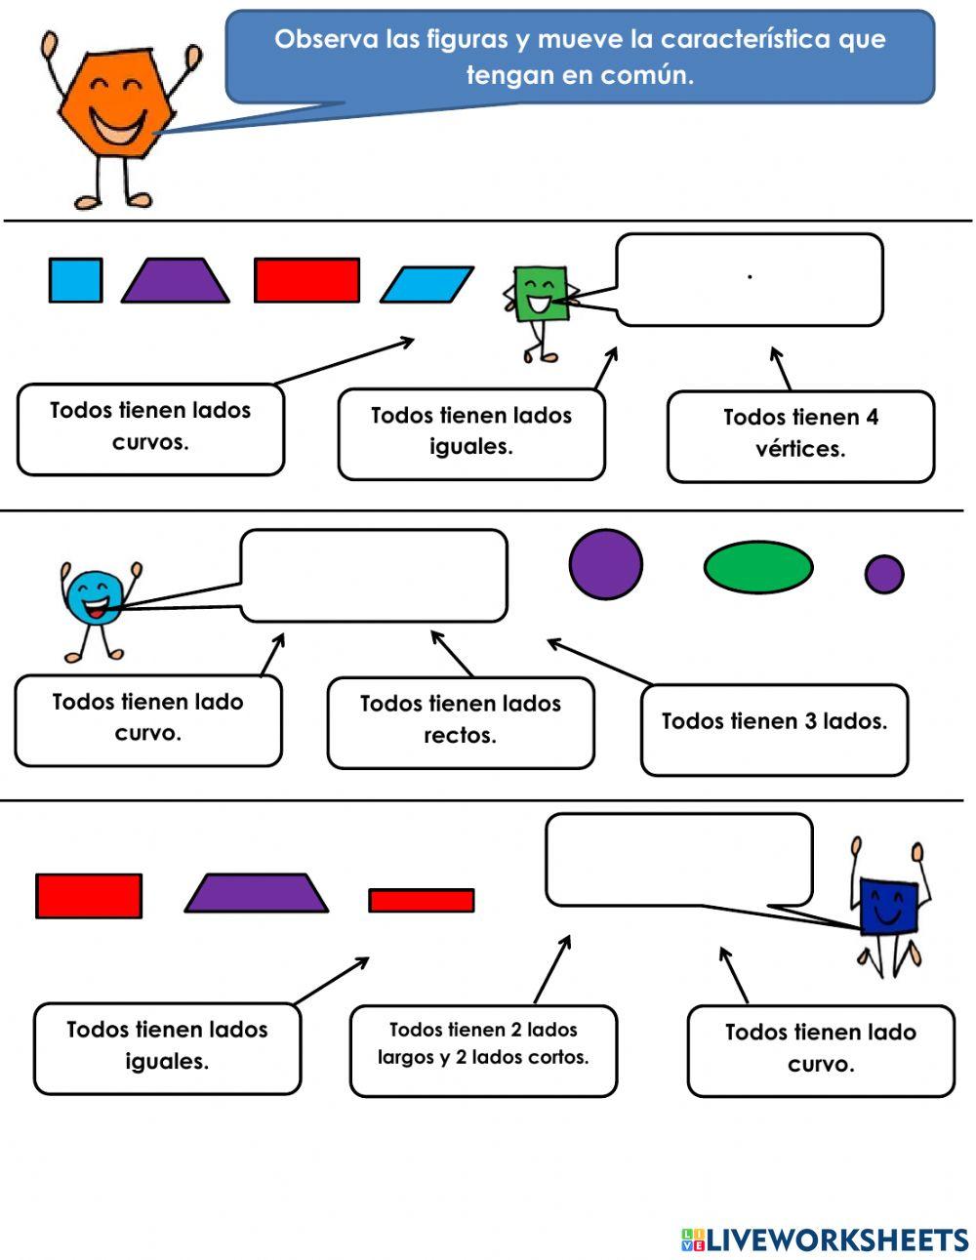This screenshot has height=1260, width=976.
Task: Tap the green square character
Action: [535, 294]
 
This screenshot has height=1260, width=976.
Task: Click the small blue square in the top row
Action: [75, 280]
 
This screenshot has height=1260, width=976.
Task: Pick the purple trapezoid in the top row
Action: [175, 281]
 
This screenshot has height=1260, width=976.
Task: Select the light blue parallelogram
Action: [427, 285]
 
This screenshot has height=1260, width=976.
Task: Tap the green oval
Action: [758, 568]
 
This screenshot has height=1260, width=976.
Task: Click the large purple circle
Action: [605, 564]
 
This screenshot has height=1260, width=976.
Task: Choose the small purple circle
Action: [884, 574]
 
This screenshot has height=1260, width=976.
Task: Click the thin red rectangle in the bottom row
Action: [422, 900]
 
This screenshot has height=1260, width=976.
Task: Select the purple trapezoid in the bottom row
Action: [256, 893]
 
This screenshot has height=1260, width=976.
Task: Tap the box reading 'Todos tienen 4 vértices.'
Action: [800, 436]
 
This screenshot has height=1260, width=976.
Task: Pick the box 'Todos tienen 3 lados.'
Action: [774, 729]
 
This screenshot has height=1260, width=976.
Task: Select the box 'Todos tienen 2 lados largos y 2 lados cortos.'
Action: [483, 1050]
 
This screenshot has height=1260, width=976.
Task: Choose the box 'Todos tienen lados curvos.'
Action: [150, 429]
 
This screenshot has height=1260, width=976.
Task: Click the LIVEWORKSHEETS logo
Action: [825, 1240]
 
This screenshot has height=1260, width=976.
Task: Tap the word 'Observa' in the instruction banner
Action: [322, 40]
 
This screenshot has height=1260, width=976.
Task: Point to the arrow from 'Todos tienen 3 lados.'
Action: [598, 661]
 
